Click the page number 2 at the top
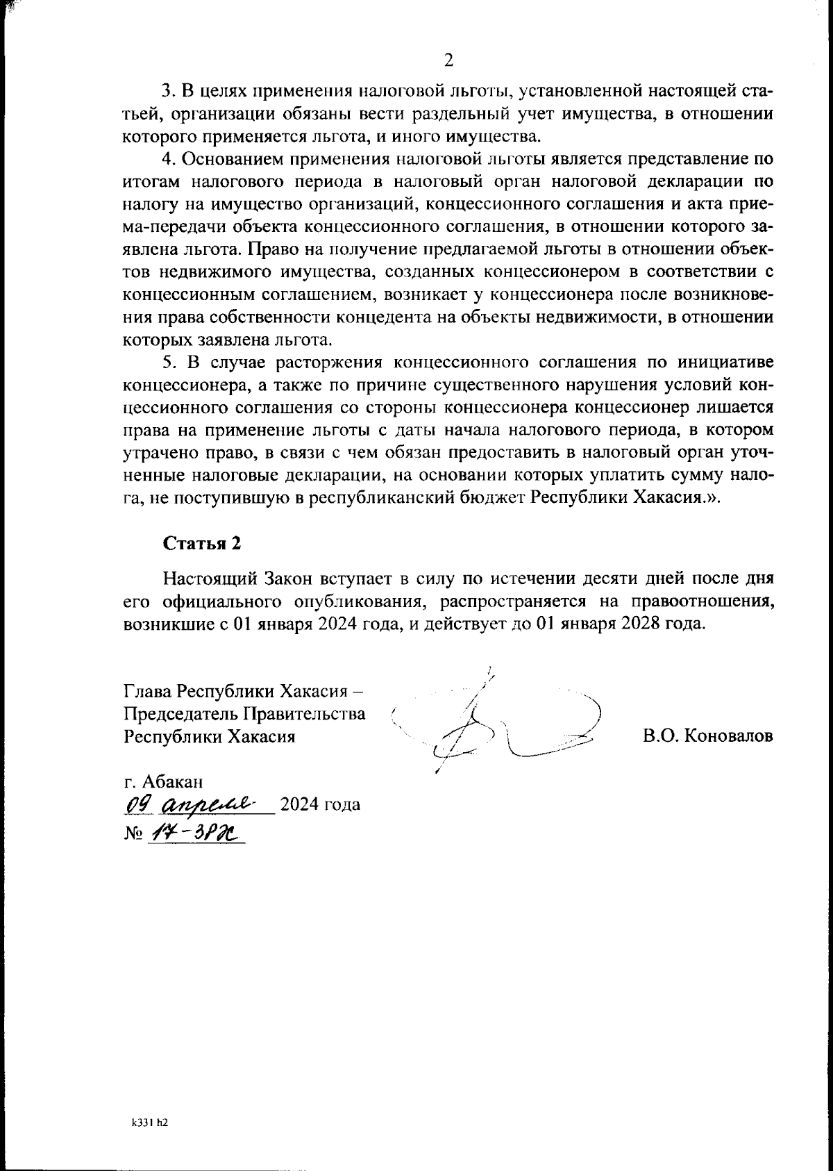tap(448, 61)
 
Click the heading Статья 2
tap(201, 543)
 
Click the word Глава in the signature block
tap(147, 691)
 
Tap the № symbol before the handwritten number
tap(132, 832)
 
